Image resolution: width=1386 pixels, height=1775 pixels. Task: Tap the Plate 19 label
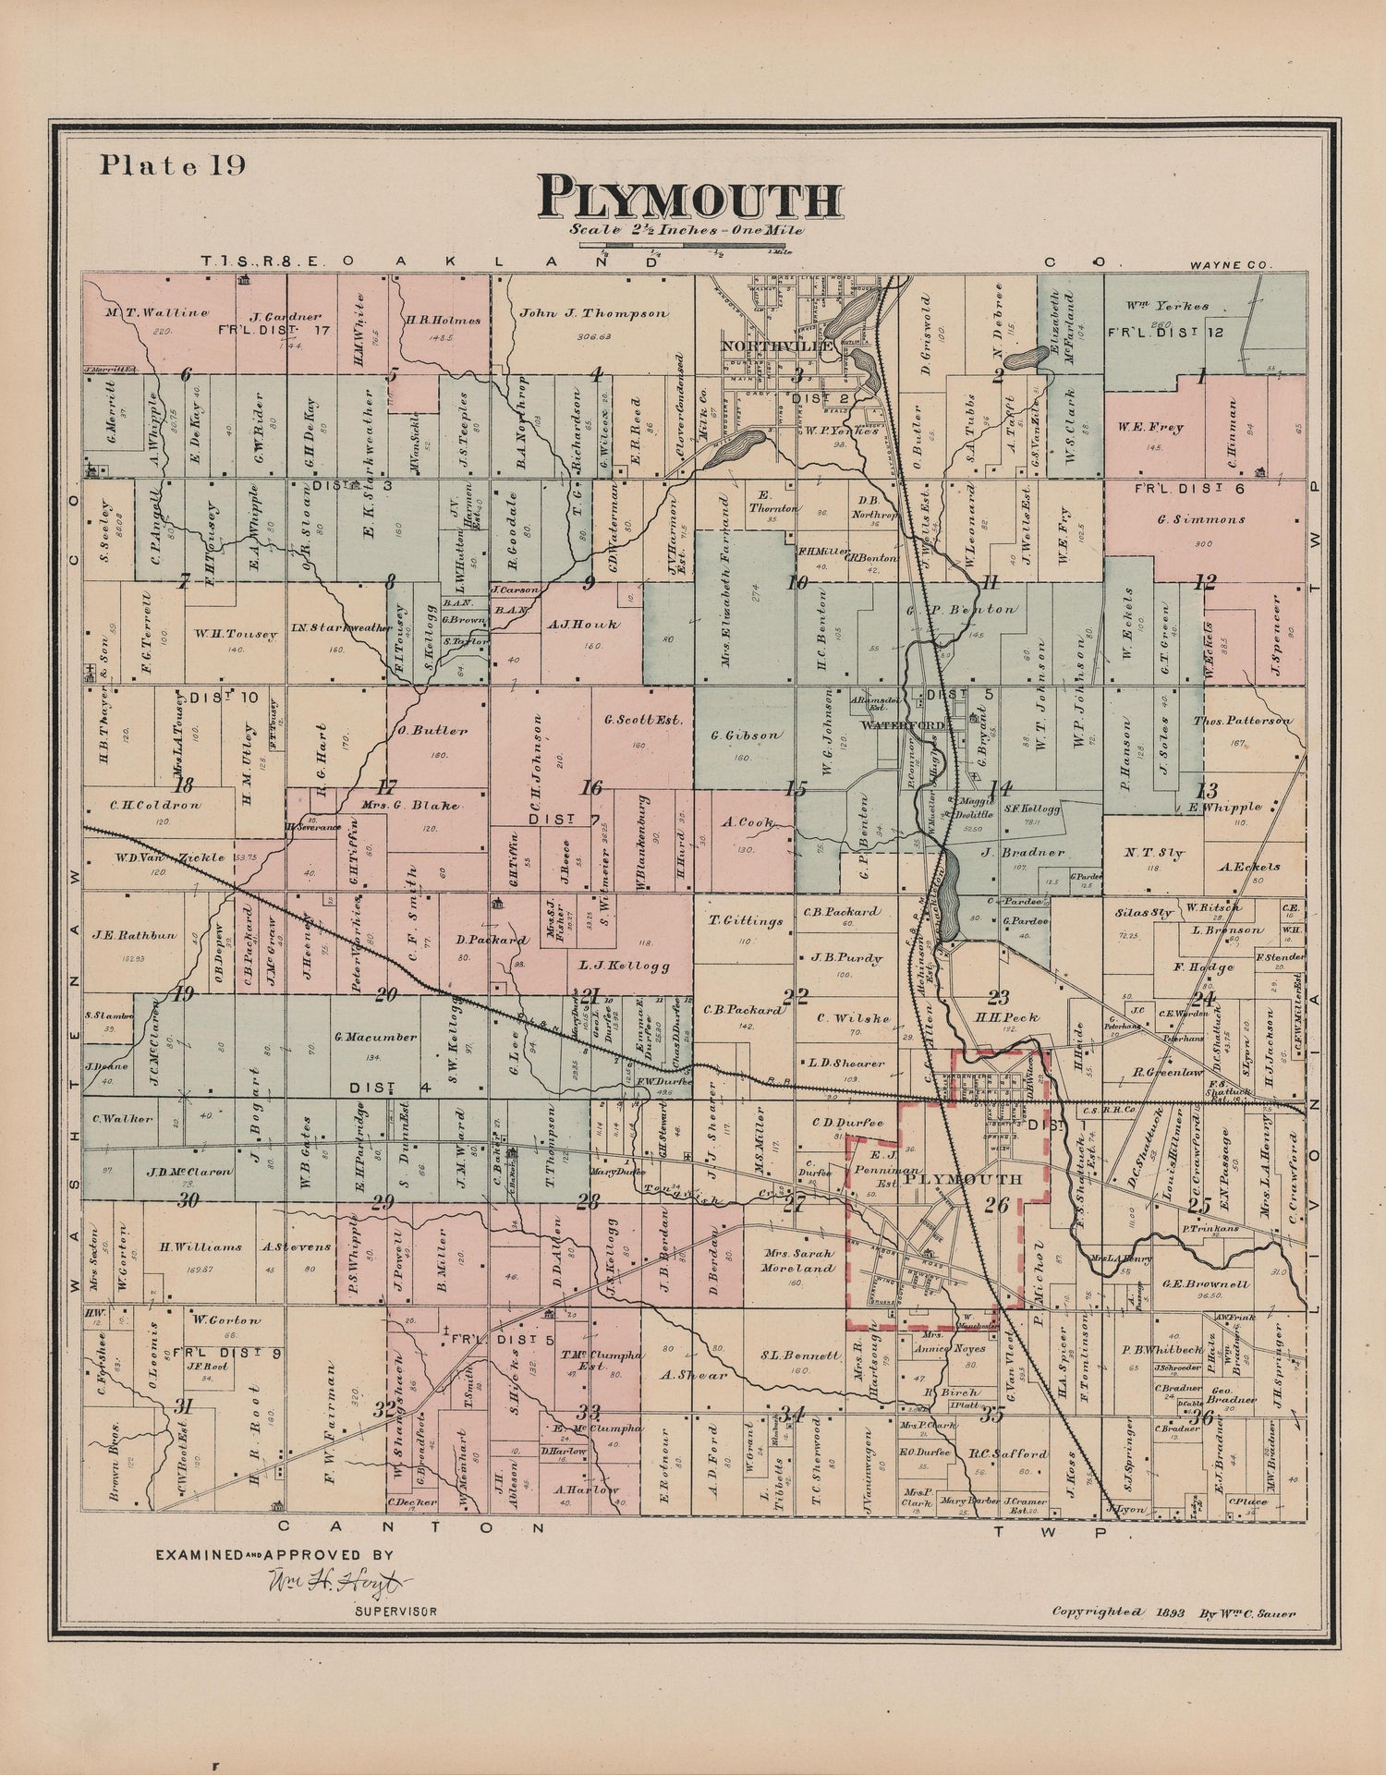[x=172, y=164]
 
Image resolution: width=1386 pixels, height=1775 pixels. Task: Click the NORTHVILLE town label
[x=777, y=345]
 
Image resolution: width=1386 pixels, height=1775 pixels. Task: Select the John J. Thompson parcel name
[x=592, y=313]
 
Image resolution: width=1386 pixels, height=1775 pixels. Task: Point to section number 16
[x=590, y=788]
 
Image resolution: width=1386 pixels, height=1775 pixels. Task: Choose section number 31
[x=183, y=1407]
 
